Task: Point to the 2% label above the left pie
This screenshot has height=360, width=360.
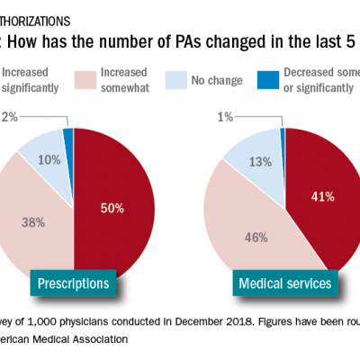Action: pos(9,116)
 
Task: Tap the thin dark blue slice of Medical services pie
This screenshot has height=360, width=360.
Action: pos(283,134)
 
